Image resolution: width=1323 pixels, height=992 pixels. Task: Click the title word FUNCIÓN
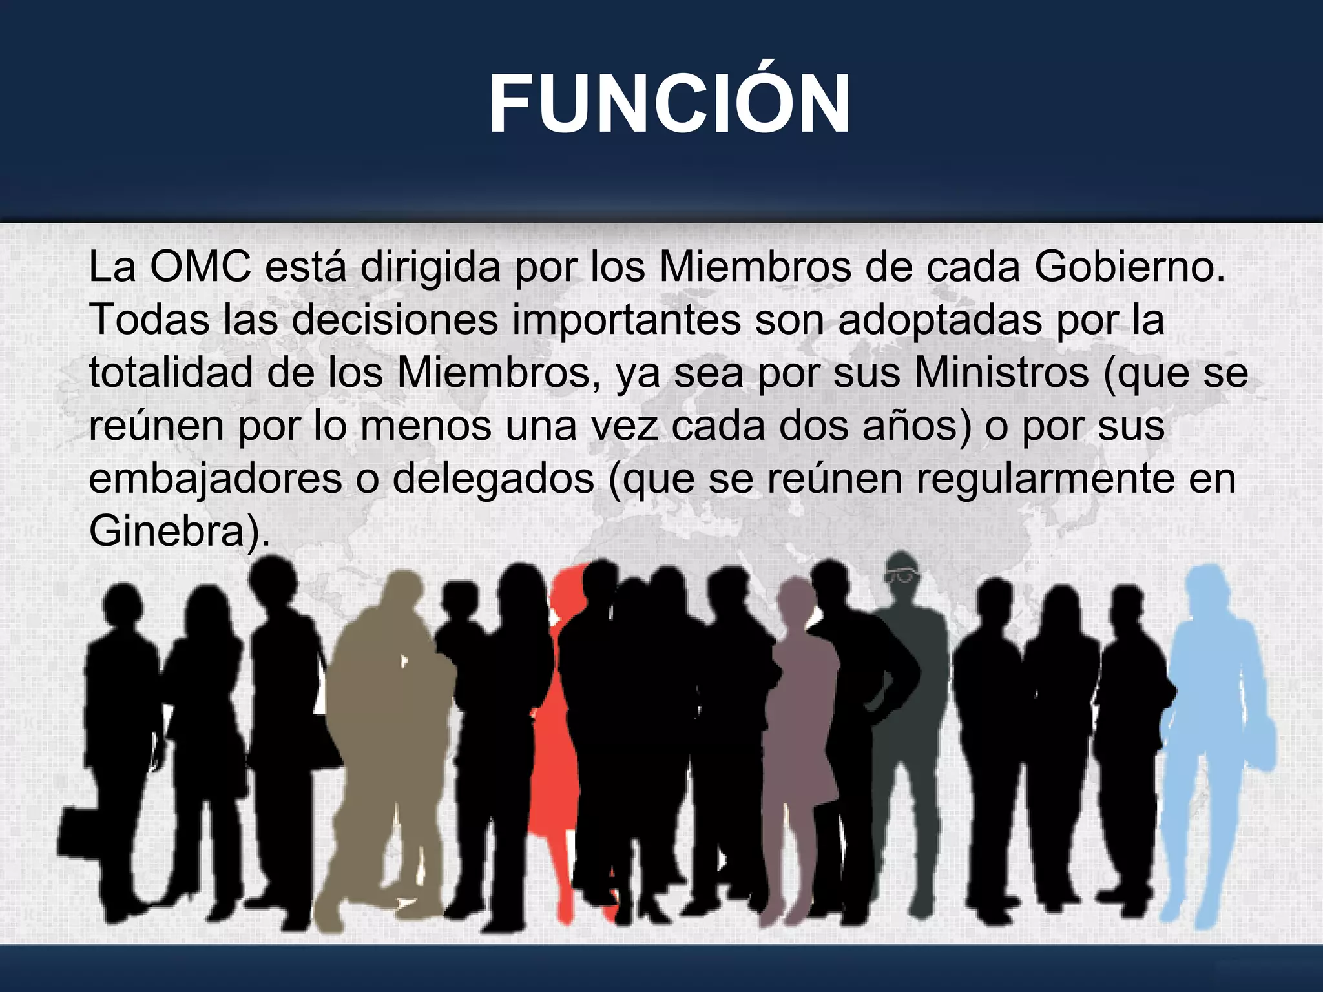(x=669, y=105)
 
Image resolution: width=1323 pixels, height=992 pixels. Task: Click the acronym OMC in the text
(x=200, y=266)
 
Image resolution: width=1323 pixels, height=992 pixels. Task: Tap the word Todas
(x=149, y=319)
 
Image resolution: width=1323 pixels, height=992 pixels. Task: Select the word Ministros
(x=1002, y=373)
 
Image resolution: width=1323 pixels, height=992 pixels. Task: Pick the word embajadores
(x=215, y=479)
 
